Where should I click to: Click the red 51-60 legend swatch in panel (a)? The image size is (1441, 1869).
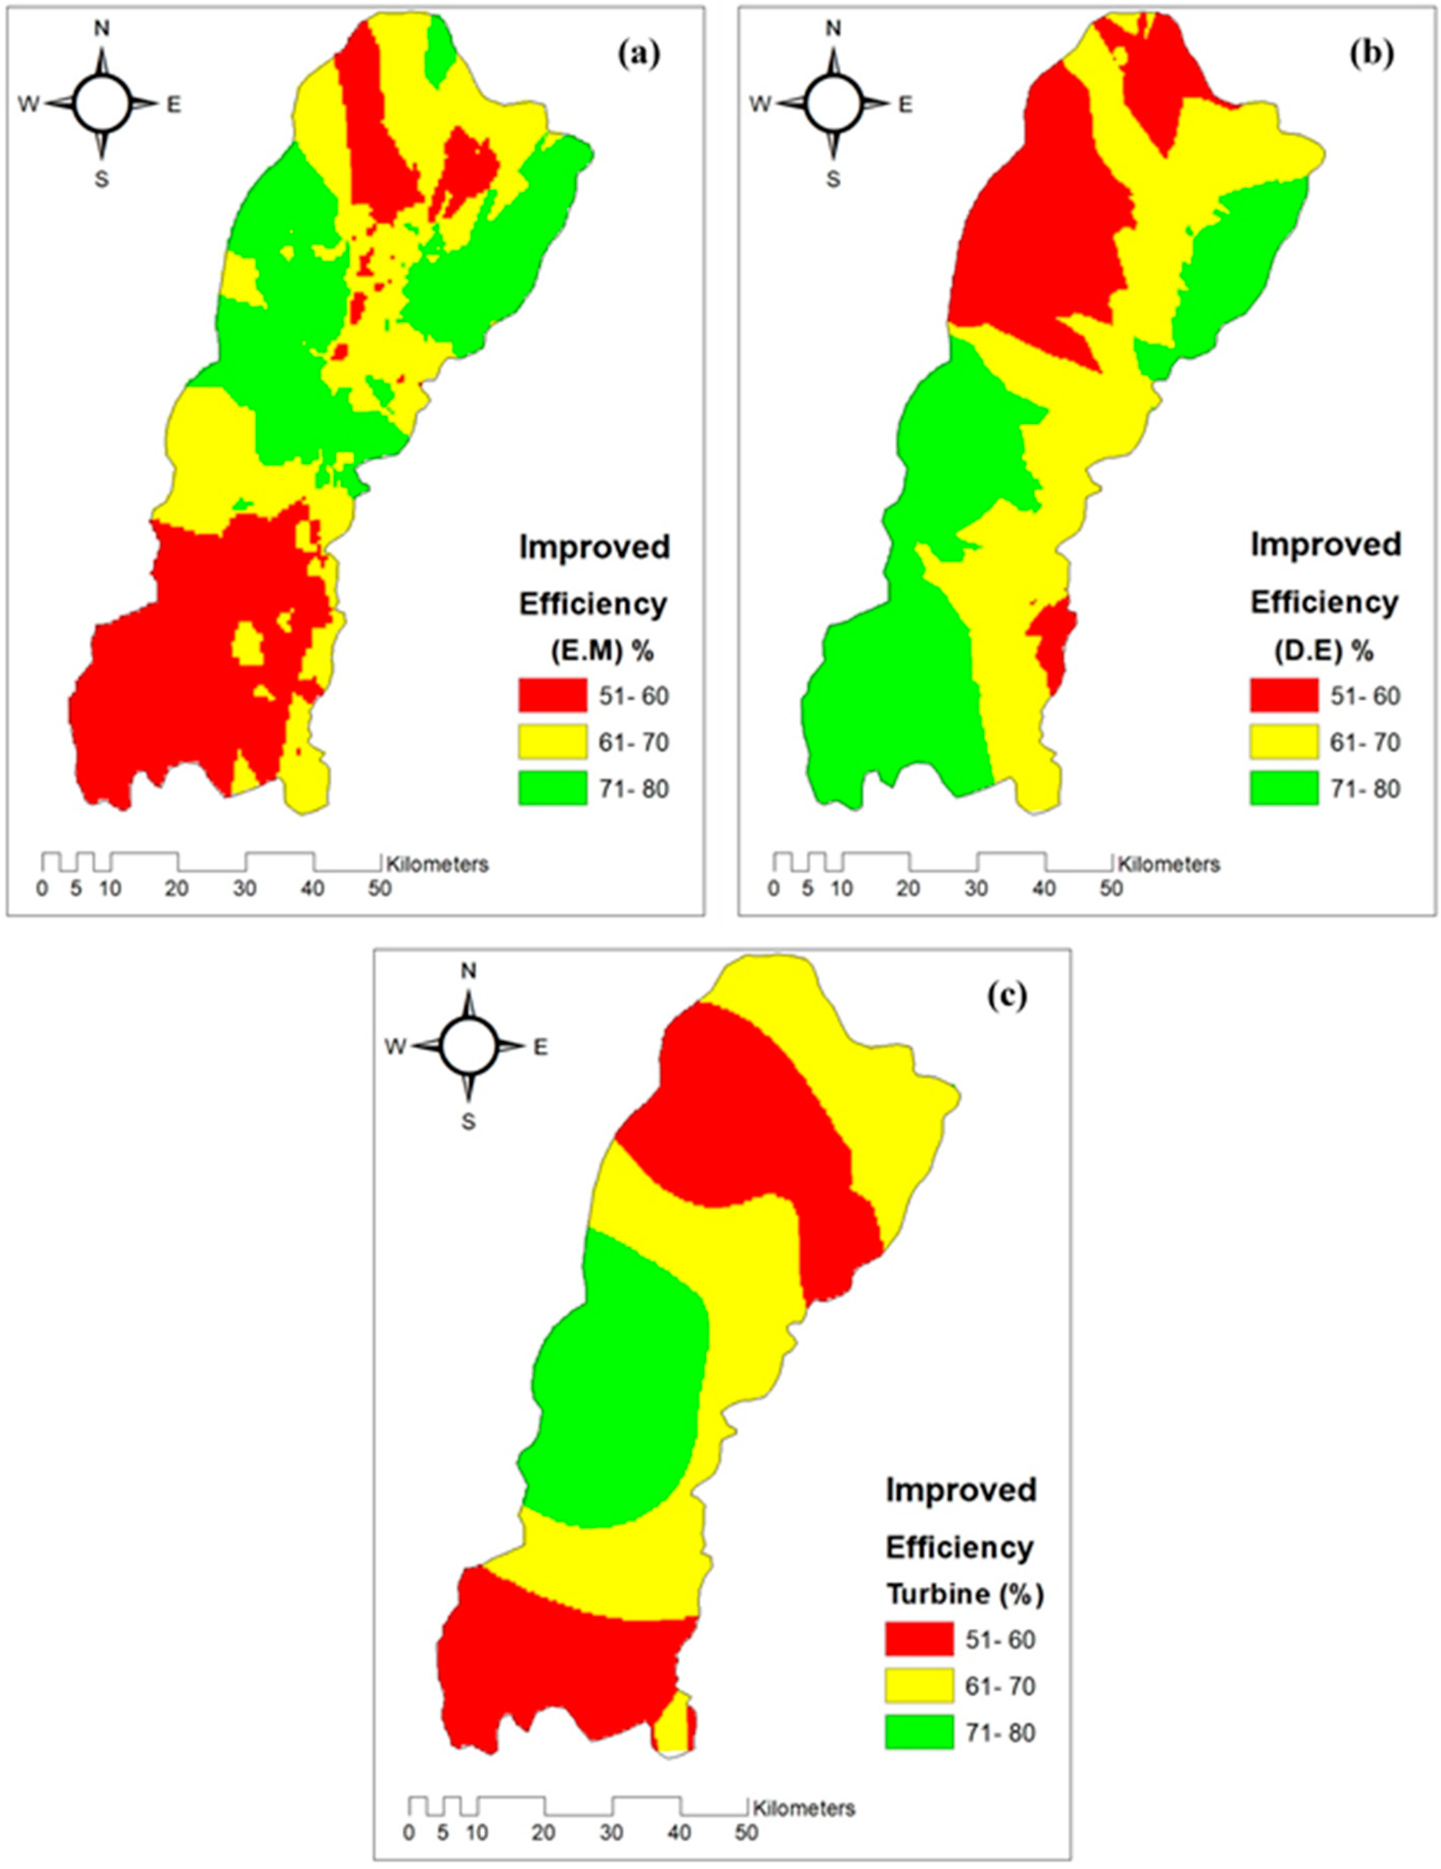pos(553,696)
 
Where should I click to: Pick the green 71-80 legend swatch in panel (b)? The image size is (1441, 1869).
pos(1284,788)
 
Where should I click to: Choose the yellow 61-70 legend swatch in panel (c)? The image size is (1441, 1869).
pos(918,1686)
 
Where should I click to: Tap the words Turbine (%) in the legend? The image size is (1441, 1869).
pos(965,1595)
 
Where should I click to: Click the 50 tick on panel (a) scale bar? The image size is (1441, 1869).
pos(379,888)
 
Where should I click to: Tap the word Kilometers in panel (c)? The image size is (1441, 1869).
pos(804,1808)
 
